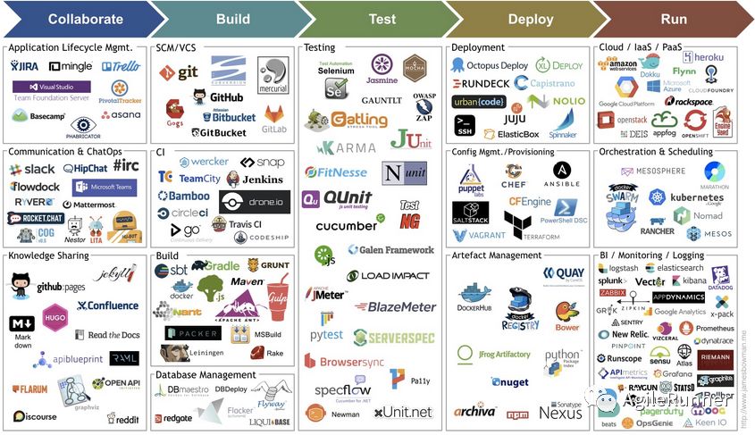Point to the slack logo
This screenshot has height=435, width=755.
click(x=32, y=169)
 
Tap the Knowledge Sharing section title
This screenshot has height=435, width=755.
click(x=49, y=255)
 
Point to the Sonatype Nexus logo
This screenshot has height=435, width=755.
click(x=561, y=410)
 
